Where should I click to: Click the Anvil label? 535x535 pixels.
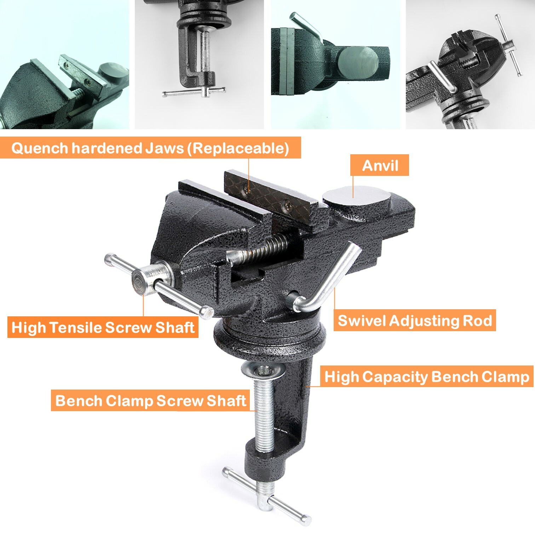click(380, 165)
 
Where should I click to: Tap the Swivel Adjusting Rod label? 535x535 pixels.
click(415, 321)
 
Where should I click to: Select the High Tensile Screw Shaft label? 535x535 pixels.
click(103, 327)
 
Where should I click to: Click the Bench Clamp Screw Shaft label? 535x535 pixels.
click(150, 401)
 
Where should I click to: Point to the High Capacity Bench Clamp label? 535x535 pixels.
click(427, 376)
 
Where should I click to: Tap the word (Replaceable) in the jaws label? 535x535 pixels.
click(238, 148)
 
